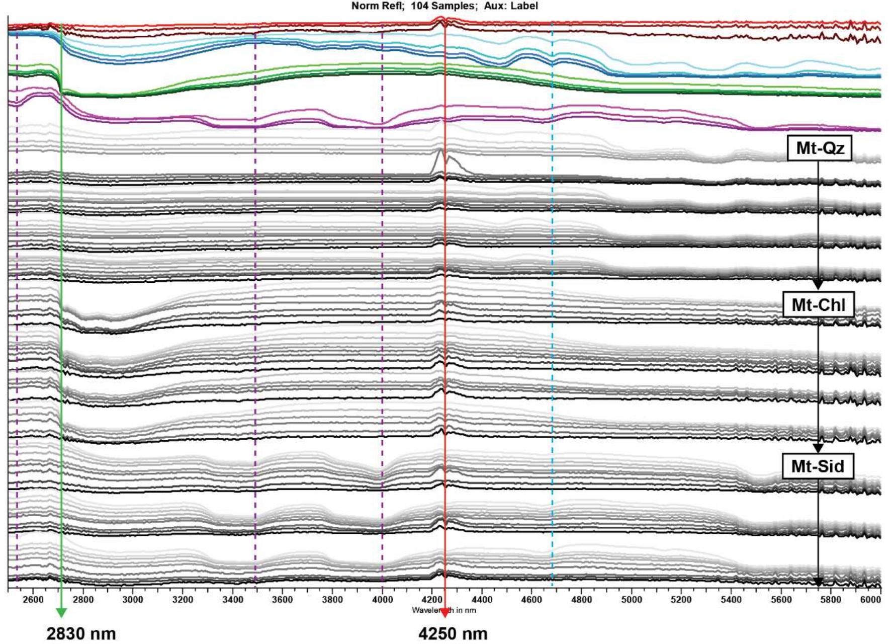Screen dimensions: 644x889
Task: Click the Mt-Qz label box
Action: click(x=819, y=149)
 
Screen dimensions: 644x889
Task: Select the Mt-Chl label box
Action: click(x=819, y=305)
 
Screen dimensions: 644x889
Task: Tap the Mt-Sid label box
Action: click(x=818, y=466)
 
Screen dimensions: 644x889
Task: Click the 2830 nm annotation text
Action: click(x=81, y=633)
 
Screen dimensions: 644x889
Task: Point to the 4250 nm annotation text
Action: click(x=453, y=633)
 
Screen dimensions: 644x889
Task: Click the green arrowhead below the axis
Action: click(x=61, y=612)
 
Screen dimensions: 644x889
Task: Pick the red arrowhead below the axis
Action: click(x=444, y=612)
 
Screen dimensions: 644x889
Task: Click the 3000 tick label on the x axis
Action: click(x=133, y=600)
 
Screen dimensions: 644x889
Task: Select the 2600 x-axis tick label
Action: click(x=33, y=600)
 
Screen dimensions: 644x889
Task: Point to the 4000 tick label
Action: click(x=383, y=600)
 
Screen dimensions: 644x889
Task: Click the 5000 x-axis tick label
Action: click(x=632, y=600)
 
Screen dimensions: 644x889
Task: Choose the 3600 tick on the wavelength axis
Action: click(x=283, y=600)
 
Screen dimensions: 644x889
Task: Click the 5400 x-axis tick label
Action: click(x=731, y=600)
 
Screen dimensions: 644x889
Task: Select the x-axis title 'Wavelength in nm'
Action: click(x=443, y=610)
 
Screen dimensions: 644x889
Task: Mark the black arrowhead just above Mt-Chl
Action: click(x=818, y=285)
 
